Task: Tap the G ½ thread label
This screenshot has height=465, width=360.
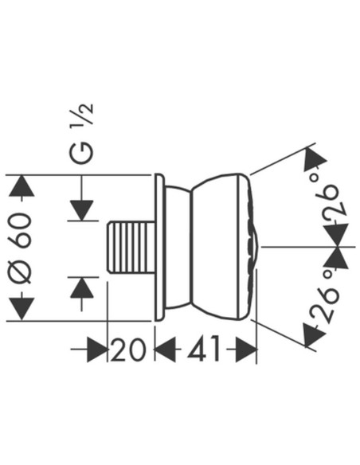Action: [82, 134]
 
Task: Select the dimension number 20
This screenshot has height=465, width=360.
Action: [128, 350]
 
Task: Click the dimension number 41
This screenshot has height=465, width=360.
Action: [204, 350]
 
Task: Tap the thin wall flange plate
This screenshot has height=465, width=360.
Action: [159, 247]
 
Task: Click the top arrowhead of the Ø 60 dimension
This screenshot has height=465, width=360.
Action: [22, 186]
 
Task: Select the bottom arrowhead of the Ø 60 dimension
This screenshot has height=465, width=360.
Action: [22, 309]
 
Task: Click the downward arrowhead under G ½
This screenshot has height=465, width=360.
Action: [82, 210]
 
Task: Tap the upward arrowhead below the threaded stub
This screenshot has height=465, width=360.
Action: [82, 287]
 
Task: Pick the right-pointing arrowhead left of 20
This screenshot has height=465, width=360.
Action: [96, 350]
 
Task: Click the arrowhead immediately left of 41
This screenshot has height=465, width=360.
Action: [165, 350]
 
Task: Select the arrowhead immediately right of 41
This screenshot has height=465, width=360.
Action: [246, 350]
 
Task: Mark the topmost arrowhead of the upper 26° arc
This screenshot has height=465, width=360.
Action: [314, 159]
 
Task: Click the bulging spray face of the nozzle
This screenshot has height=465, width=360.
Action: [253, 247]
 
